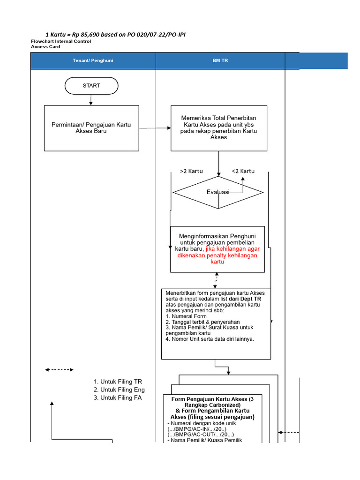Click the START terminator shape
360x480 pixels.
click(91, 86)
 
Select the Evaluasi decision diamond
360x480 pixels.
click(218, 192)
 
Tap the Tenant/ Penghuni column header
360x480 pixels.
click(93, 61)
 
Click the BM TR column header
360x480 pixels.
click(220, 61)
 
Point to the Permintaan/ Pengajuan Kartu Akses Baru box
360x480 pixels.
click(91, 128)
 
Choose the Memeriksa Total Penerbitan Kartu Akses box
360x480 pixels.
click(218, 127)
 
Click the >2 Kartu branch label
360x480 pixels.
click(191, 171)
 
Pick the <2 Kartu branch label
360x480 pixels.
click(243, 171)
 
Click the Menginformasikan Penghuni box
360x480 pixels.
click(217, 249)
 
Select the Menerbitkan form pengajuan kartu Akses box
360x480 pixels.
click(216, 323)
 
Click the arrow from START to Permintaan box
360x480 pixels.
click(91, 99)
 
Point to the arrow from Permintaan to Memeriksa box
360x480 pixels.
click(155, 127)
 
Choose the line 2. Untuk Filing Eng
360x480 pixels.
click(119, 390)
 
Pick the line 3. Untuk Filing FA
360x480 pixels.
click(118, 398)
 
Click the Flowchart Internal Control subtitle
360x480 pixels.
click(61, 41)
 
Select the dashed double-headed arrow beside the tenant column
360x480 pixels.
click(59, 370)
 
